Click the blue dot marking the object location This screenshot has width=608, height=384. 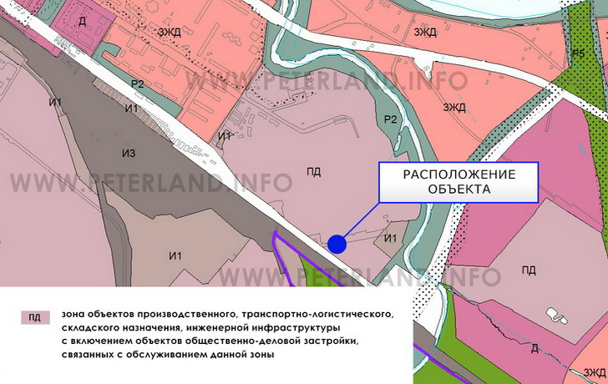pyautogui.click(x=337, y=244)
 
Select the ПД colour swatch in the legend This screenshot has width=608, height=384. pyautogui.click(x=34, y=317)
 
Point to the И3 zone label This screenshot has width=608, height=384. pyautogui.click(x=128, y=151)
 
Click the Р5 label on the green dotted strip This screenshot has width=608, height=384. pyautogui.click(x=579, y=53)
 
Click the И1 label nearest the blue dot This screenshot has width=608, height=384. pyautogui.click(x=390, y=240)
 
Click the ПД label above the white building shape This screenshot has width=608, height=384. pyautogui.click(x=529, y=270)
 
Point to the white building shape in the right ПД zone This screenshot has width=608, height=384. pyautogui.click(x=557, y=316)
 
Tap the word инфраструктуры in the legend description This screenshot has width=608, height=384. pyautogui.click(x=286, y=327)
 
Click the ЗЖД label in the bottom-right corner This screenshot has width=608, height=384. pyautogui.click(x=595, y=371)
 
